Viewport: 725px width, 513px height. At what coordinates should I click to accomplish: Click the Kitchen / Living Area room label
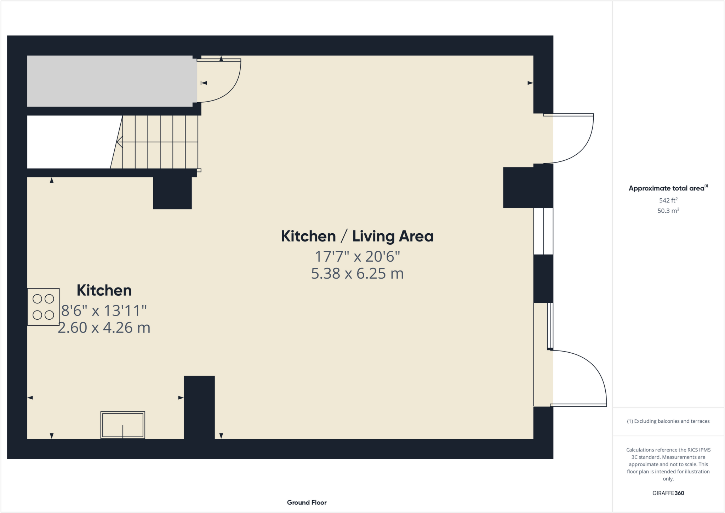(x=357, y=236)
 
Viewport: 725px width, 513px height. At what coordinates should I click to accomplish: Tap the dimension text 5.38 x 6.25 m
(x=357, y=274)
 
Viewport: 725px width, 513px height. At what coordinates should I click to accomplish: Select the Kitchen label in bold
(x=104, y=291)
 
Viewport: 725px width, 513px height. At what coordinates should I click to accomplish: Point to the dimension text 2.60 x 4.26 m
(x=104, y=328)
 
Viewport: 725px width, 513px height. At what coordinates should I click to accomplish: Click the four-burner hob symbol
(x=43, y=307)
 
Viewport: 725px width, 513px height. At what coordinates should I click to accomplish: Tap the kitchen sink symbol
(x=122, y=425)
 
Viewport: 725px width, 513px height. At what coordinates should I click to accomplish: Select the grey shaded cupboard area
(x=112, y=81)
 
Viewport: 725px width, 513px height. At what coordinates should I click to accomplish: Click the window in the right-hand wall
(x=543, y=231)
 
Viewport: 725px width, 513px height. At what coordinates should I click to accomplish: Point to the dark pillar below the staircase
(x=172, y=193)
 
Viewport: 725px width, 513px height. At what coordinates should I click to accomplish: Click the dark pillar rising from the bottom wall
(x=199, y=407)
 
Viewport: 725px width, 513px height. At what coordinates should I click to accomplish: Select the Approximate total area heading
(x=668, y=188)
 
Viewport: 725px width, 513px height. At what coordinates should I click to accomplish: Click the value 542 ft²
(x=668, y=200)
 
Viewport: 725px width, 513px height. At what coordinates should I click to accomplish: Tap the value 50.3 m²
(x=668, y=211)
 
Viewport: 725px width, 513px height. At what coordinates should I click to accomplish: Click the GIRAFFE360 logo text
(x=668, y=493)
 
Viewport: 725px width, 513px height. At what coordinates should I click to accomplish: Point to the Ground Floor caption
(x=307, y=502)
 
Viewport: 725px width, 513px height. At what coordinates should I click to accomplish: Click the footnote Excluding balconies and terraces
(x=668, y=421)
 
